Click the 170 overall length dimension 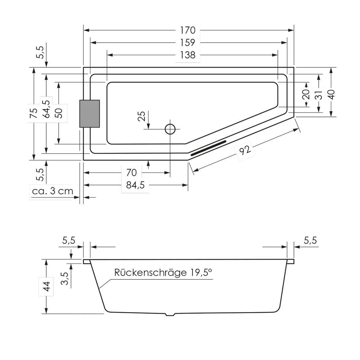pyautogui.click(x=188, y=30)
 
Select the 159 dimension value pyautogui.click(x=188, y=43)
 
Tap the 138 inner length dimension pyautogui.click(x=188, y=55)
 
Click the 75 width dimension pyautogui.click(x=34, y=113)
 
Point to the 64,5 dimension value pyautogui.click(x=46, y=109)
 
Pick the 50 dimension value pyautogui.click(x=58, y=113)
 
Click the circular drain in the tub pyautogui.click(x=170, y=129)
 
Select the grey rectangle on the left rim pyautogui.click(x=90, y=114)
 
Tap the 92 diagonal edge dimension pyautogui.click(x=245, y=151)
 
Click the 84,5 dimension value pyautogui.click(x=135, y=185)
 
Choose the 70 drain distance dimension pyautogui.click(x=131, y=172)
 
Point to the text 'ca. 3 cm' pyautogui.click(x=53, y=191)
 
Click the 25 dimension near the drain pyautogui.click(x=141, y=116)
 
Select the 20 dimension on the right pyautogui.click(x=306, y=94)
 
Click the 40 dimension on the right pyautogui.click(x=331, y=95)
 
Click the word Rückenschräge pyautogui.click(x=150, y=272)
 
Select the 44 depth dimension pyautogui.click(x=47, y=286)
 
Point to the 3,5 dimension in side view pyautogui.click(x=65, y=278)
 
